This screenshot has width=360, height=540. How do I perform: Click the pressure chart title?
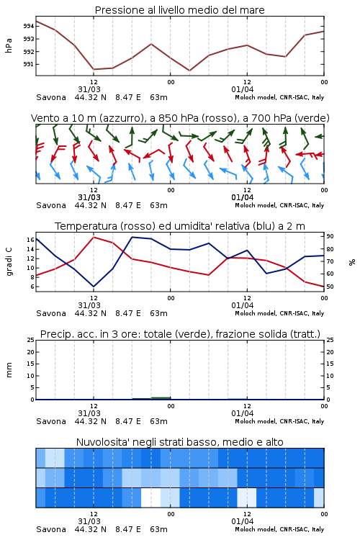[x=179, y=10]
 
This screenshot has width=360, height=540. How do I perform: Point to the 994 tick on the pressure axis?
[x=29, y=26]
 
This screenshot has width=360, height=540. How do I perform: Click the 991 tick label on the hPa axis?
[x=29, y=64]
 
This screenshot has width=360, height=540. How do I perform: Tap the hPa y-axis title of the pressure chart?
[x=9, y=45]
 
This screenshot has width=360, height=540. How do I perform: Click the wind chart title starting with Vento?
[x=180, y=118]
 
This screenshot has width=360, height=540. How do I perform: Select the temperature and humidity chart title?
[x=180, y=226]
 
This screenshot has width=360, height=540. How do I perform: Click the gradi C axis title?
[x=9, y=262]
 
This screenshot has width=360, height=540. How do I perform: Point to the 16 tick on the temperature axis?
[x=30, y=240]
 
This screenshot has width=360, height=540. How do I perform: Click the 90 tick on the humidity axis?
[x=330, y=236]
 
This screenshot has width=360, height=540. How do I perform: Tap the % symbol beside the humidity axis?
[x=352, y=262]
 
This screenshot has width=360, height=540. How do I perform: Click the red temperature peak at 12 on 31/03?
[x=94, y=238]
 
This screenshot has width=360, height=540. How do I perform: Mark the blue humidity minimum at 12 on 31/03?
[x=94, y=287]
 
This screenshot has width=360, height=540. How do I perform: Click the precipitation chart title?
[x=180, y=334]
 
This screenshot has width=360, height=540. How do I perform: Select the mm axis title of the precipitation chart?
[x=9, y=370]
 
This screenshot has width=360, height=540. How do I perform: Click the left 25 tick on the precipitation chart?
[x=30, y=341]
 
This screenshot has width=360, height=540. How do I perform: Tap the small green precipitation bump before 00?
[x=161, y=397]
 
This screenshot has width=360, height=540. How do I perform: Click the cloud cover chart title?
[x=179, y=442]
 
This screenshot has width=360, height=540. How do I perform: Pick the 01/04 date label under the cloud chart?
[x=243, y=521]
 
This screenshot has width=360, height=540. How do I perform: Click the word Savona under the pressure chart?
[x=51, y=97]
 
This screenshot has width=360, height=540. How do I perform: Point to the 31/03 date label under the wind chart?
[x=89, y=197]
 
